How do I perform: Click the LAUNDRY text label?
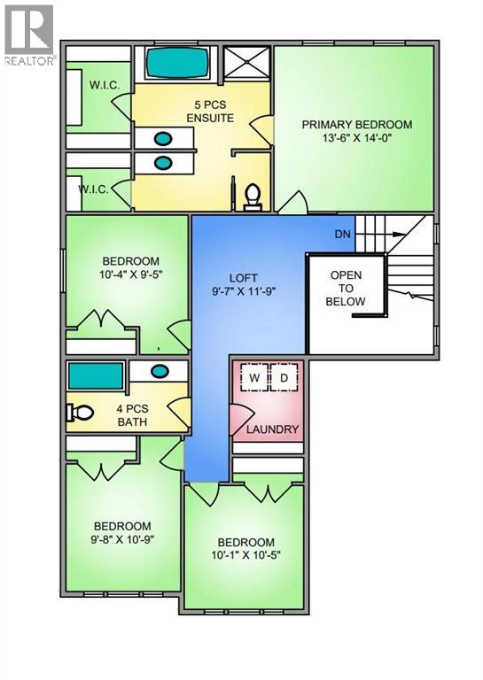(273, 430)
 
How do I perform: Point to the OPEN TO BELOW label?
(346, 288)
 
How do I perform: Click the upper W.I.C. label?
(111, 87)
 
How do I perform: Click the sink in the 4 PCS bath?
(160, 372)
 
